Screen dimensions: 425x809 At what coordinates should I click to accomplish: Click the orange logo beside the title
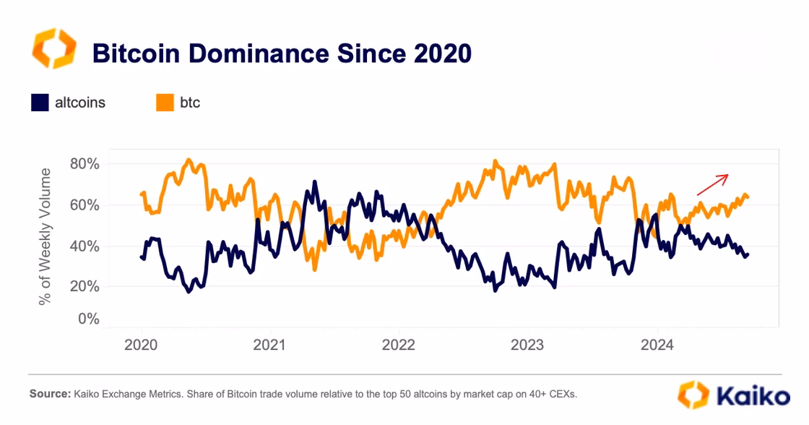pos(53,49)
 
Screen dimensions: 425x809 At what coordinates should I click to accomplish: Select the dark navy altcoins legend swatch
pos(40,103)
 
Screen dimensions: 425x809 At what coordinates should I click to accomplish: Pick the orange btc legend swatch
pos(165,103)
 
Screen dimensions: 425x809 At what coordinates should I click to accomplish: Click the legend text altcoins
pos(80,103)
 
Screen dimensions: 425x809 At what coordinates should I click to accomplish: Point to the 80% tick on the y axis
pos(85,164)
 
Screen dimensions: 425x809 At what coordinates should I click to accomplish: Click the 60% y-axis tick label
pos(85,205)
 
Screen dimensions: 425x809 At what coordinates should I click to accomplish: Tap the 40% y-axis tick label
pos(85,246)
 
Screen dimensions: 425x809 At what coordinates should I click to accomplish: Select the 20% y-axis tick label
pos(85,287)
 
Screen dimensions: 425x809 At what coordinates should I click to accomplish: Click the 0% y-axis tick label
pos(88,319)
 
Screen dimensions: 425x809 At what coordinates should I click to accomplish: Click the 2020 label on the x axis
pos(141,345)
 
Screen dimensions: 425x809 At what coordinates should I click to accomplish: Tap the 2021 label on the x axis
pos(269,345)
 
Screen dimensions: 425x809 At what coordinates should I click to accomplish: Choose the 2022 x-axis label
pos(399,345)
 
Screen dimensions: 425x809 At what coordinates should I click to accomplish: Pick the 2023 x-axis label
pos(528,345)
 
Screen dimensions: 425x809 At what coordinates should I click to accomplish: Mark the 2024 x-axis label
pos(657,345)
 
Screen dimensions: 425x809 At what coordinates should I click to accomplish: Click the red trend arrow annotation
pos(712,184)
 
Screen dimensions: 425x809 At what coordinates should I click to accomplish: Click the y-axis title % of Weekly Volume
pos(46,236)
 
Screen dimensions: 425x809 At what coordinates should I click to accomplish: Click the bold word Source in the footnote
pos(49,395)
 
